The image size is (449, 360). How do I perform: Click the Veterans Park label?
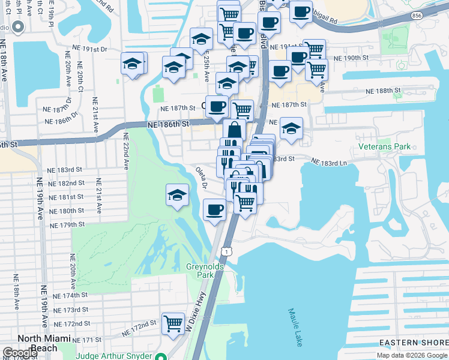tap(384, 146)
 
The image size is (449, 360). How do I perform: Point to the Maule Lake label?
tap(295, 328)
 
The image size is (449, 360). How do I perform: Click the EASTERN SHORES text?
tap(414, 343)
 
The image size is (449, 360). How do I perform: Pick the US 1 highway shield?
tap(226, 248)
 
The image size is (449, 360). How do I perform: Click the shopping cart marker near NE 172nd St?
tap(173, 323)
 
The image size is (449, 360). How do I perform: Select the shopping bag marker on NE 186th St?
tap(234, 130)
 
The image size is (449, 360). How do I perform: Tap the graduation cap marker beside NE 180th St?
tap(178, 195)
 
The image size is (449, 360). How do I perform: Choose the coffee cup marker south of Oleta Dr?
tap(214, 210)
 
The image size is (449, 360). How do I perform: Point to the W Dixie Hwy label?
tap(196, 316)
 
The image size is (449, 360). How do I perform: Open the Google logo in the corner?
tap(20, 353)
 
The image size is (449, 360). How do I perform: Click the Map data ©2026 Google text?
tap(412, 355)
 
